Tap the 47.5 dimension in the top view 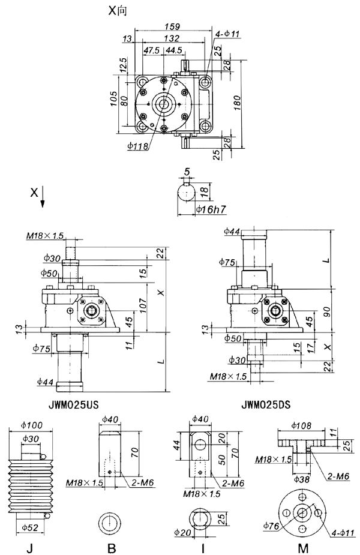point(154,51)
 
